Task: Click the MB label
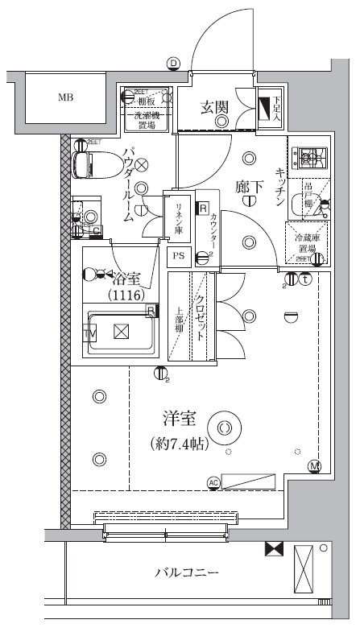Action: [x=65, y=98]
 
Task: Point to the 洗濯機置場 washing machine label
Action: [x=147, y=119]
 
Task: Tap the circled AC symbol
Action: [x=213, y=482]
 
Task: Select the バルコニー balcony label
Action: [x=187, y=572]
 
